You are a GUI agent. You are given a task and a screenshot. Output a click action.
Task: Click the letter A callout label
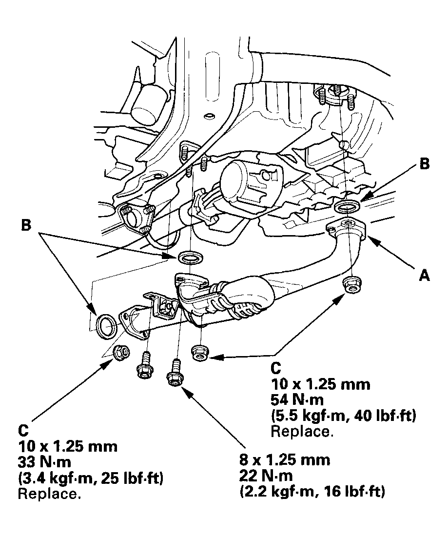click(x=425, y=276)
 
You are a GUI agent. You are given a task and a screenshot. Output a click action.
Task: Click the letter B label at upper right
click(x=424, y=164)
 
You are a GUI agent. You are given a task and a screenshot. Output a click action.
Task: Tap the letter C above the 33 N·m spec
click(x=24, y=430)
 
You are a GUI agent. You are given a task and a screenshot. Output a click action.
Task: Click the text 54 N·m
click(x=297, y=400)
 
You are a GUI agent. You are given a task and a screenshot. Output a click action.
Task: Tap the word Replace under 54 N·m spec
click(x=302, y=432)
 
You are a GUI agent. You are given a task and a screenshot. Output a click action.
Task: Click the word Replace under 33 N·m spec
click(x=49, y=494)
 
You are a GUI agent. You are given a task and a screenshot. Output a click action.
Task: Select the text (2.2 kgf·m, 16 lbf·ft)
click(x=312, y=492)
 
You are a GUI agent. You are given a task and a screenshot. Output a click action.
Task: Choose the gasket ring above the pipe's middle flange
click(x=189, y=257)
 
